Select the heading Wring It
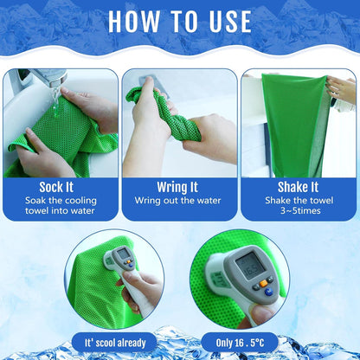(x=178, y=187)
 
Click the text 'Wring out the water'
(x=178, y=201)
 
